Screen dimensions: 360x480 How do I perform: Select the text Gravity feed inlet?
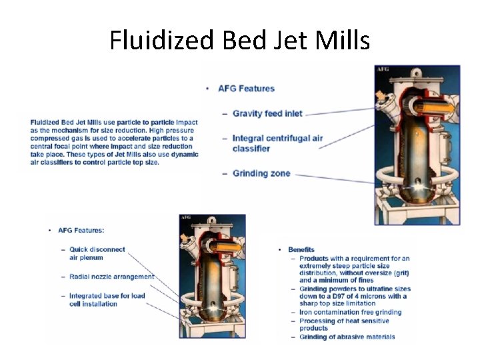(x=267, y=113)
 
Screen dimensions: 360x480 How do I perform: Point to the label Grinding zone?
(x=261, y=173)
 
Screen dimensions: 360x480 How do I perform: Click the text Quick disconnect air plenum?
(x=97, y=253)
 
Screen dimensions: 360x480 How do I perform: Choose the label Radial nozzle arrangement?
(x=111, y=277)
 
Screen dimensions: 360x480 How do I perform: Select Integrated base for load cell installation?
(x=107, y=300)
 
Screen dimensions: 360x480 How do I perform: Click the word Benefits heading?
(x=301, y=250)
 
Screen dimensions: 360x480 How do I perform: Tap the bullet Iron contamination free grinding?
(x=350, y=312)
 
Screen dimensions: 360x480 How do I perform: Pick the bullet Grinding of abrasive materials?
(x=347, y=337)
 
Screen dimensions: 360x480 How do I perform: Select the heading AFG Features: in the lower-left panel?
(x=81, y=230)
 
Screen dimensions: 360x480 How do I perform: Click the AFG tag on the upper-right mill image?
(x=383, y=69)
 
